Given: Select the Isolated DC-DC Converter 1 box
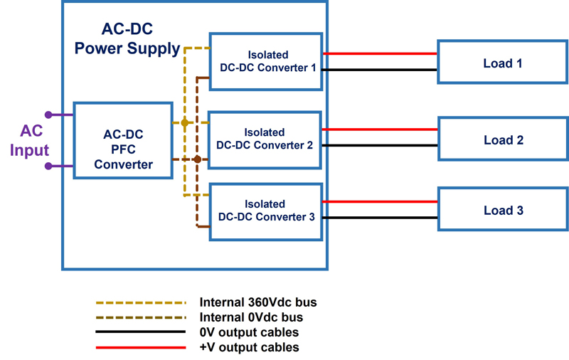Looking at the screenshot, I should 266,60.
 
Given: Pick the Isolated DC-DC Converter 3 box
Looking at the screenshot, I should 266,211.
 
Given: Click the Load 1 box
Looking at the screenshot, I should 502,63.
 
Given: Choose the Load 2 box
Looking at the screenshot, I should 502,140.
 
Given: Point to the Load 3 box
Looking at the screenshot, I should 502,211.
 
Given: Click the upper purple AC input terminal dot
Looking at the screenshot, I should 48,115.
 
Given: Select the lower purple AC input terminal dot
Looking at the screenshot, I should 48,166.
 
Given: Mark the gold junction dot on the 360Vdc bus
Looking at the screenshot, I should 185,123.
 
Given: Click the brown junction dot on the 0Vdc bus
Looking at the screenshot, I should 197,159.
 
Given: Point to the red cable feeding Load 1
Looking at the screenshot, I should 381,53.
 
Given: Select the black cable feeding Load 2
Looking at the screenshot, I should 381,146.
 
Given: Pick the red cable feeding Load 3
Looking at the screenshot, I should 381,202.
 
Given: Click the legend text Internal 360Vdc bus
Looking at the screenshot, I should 257,302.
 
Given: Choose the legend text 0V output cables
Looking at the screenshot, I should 248,332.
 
